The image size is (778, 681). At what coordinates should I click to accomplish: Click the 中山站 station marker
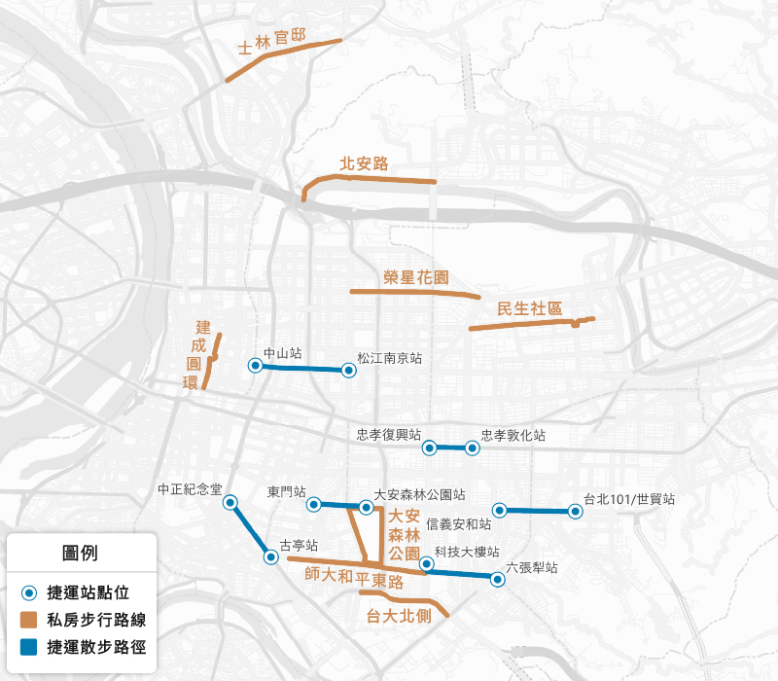click(255, 366)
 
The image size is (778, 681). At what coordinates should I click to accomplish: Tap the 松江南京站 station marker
click(348, 370)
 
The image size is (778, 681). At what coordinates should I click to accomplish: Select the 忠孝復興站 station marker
click(429, 448)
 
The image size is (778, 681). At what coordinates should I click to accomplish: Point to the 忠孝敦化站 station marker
click(472, 448)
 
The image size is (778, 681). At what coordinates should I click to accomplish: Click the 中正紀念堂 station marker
click(230, 502)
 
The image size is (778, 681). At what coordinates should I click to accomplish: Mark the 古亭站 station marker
click(271, 556)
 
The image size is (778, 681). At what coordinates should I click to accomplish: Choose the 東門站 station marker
click(314, 504)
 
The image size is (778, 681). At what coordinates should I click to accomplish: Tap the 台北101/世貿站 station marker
click(574, 510)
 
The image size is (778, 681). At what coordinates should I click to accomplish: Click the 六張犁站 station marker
click(498, 579)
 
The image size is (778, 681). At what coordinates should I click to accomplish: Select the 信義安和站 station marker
click(499, 509)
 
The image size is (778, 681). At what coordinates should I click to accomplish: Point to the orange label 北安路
click(364, 163)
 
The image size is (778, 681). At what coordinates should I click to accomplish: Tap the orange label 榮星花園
click(416, 277)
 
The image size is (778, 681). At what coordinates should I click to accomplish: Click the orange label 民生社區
click(530, 309)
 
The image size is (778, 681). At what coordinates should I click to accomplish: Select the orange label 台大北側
click(398, 615)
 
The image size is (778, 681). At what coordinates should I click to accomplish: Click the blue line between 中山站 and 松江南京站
click(301, 368)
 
